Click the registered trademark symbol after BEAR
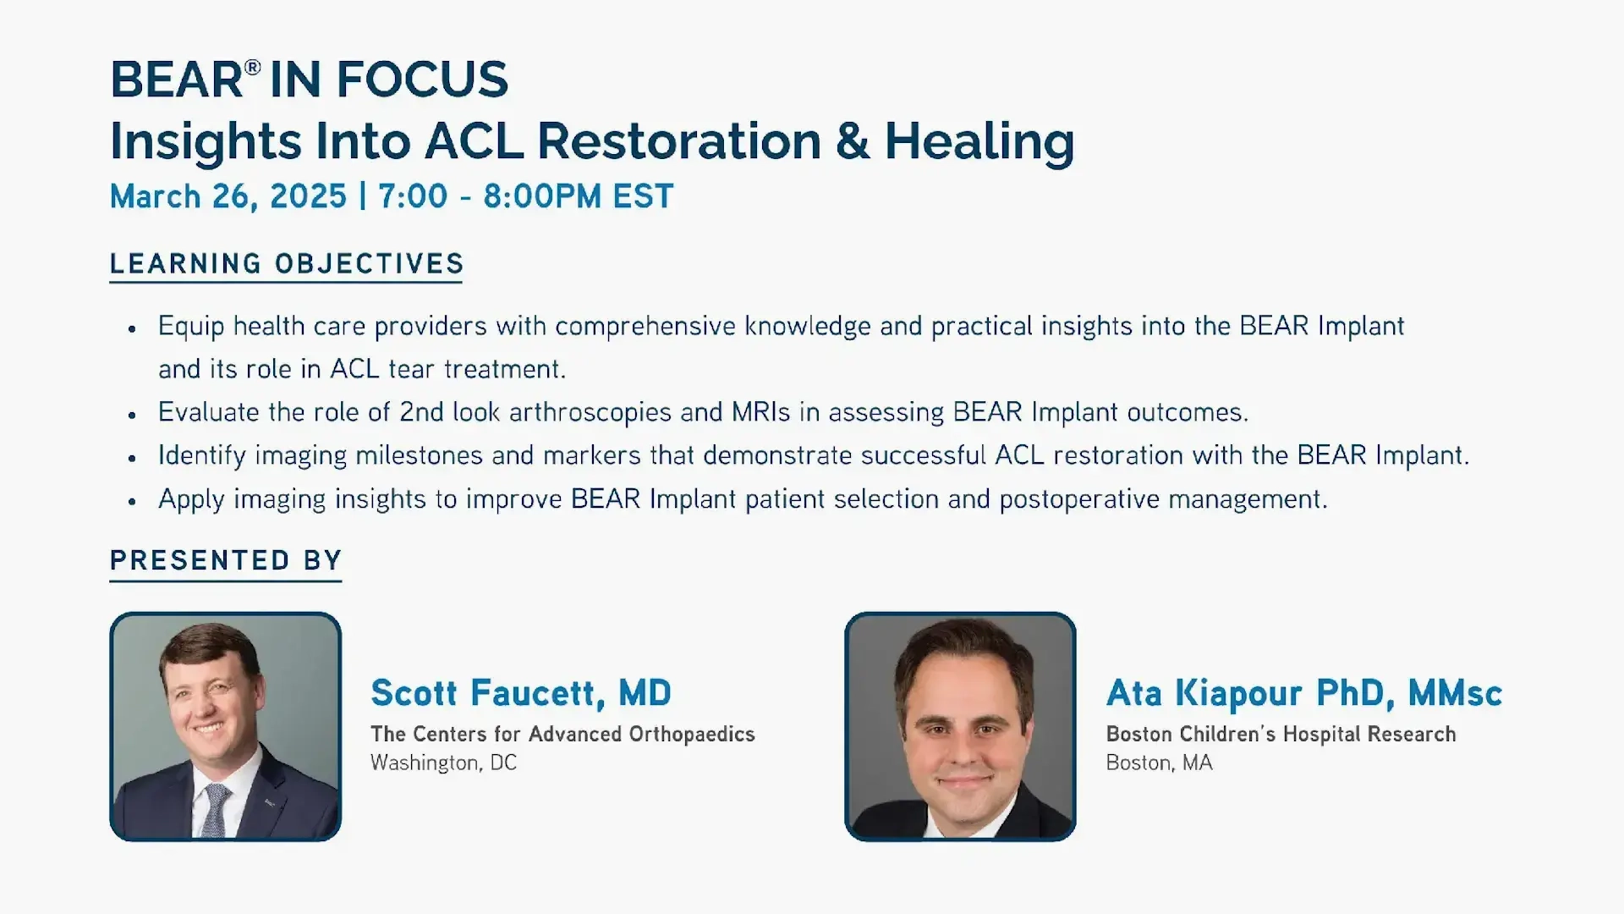click(252, 67)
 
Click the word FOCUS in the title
click(422, 80)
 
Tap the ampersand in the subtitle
click(853, 141)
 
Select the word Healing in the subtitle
click(979, 143)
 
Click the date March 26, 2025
click(228, 196)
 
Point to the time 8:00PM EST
click(579, 196)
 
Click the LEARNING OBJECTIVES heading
click(287, 264)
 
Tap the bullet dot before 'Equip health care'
click(132, 328)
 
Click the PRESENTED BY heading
click(226, 560)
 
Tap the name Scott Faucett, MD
click(521, 693)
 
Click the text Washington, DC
click(443, 763)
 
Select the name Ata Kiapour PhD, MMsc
click(1304, 693)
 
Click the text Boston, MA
click(1159, 763)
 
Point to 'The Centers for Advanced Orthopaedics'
click(562, 734)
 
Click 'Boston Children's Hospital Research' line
click(1281, 734)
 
